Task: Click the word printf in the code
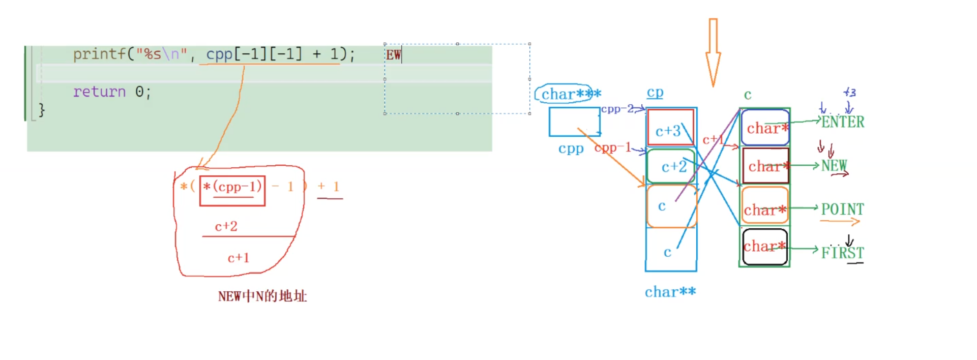[100, 54]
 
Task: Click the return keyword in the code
[99, 92]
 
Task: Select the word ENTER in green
[843, 122]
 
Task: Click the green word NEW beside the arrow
[834, 166]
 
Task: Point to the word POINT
[842, 209]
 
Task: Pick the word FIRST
[842, 253]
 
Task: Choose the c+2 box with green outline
[671, 166]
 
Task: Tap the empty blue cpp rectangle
[574, 122]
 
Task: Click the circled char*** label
[565, 94]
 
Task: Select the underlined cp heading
[655, 93]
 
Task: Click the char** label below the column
[670, 292]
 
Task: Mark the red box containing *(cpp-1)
[232, 190]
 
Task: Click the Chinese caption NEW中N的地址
[262, 296]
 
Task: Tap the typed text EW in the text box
[393, 55]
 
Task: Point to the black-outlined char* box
[765, 247]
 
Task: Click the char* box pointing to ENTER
[765, 128]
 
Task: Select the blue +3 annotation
[849, 93]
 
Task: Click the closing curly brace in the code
[42, 110]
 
